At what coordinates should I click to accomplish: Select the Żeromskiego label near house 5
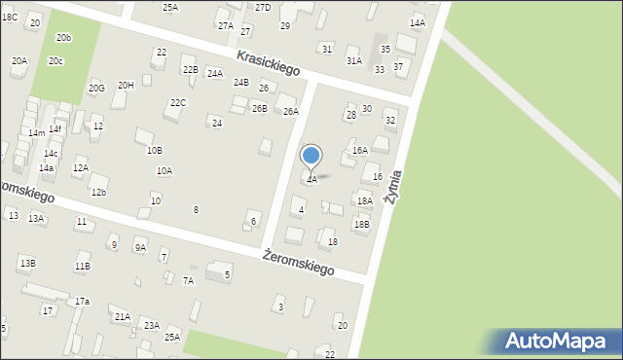(299, 261)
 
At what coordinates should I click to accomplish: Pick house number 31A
(353, 60)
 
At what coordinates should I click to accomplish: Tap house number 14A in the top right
(418, 22)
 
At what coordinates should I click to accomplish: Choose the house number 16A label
(360, 151)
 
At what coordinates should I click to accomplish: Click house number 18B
(362, 224)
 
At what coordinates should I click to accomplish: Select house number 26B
(259, 108)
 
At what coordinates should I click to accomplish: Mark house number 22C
(178, 102)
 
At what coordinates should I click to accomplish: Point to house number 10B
(154, 150)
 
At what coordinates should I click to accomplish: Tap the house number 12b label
(98, 192)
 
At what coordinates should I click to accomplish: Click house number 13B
(27, 263)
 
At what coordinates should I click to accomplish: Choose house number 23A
(152, 325)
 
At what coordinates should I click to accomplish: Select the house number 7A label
(189, 280)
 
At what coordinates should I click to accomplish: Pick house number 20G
(96, 88)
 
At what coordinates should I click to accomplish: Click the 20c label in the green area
(56, 61)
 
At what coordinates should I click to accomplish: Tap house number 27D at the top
(263, 7)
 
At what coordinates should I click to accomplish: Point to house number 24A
(215, 73)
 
